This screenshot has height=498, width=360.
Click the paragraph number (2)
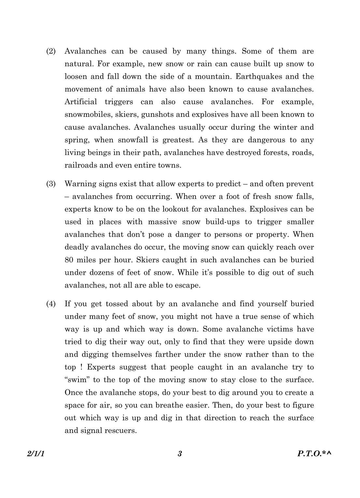coord(51,51)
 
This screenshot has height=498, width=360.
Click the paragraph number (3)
coord(51,184)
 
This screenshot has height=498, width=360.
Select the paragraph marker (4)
coord(51,304)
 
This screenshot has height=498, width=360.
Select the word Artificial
coord(81,102)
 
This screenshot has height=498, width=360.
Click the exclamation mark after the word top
coord(81,367)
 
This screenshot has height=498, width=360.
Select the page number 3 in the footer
coord(180,454)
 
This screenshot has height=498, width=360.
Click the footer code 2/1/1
coord(36,454)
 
